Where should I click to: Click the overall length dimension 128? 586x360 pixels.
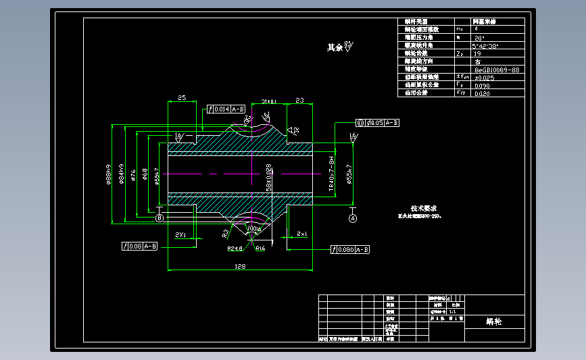pos(239,267)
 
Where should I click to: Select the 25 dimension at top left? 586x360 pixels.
pos(182,98)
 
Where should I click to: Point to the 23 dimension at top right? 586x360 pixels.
pos(300,100)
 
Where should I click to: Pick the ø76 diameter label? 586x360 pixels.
pos(133,176)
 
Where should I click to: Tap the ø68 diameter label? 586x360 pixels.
pos(145,176)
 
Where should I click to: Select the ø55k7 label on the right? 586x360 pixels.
pos(349,174)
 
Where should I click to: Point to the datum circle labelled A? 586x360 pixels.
pos(353,218)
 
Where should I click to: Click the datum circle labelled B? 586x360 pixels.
pos(160,218)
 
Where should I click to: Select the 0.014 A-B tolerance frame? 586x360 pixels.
pos(226,109)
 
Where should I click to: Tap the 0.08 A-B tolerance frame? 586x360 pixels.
pos(140,247)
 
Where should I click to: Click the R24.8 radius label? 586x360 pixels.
pos(235,248)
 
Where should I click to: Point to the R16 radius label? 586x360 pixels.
pos(260,248)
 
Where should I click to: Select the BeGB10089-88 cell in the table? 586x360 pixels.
pos(497,70)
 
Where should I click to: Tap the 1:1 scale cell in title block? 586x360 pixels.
pos(451,313)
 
